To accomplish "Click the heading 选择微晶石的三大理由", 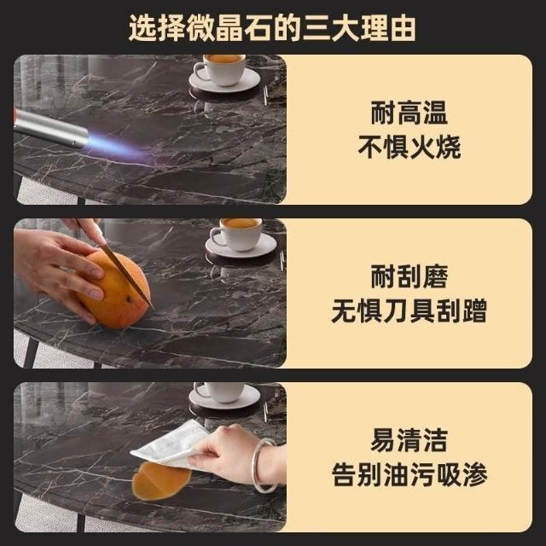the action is pyautogui.click(x=272, y=28).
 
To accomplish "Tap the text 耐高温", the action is pyautogui.click(x=409, y=113).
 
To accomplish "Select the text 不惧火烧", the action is pyautogui.click(x=409, y=147).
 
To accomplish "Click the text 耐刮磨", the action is pyautogui.click(x=409, y=276).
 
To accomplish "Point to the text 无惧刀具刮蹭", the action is pyautogui.click(x=409, y=311).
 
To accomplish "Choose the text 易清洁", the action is pyautogui.click(x=409, y=440).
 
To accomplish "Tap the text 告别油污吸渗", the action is pyautogui.click(x=409, y=474).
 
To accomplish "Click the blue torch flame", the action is pyautogui.click(x=119, y=147).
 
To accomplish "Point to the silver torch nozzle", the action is pyautogui.click(x=50, y=128).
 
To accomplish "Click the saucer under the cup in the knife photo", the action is pyautogui.click(x=241, y=246).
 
